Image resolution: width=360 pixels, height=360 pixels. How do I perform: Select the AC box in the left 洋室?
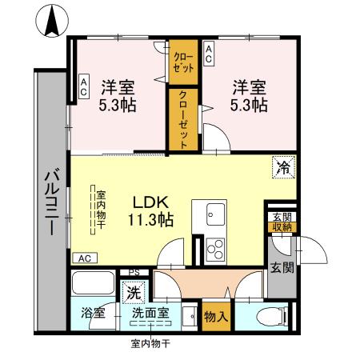tap(83, 87)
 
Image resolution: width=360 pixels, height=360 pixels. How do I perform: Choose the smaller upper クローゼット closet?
tap(182, 62)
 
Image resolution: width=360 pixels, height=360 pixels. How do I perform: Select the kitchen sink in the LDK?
tap(215, 214)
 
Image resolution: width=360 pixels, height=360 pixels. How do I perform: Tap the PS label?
tap(134, 273)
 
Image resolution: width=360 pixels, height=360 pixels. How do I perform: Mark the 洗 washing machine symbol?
tap(133, 292)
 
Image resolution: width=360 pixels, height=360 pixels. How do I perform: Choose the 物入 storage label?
tap(217, 315)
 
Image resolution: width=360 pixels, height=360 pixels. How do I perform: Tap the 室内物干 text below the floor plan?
tap(151, 346)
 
